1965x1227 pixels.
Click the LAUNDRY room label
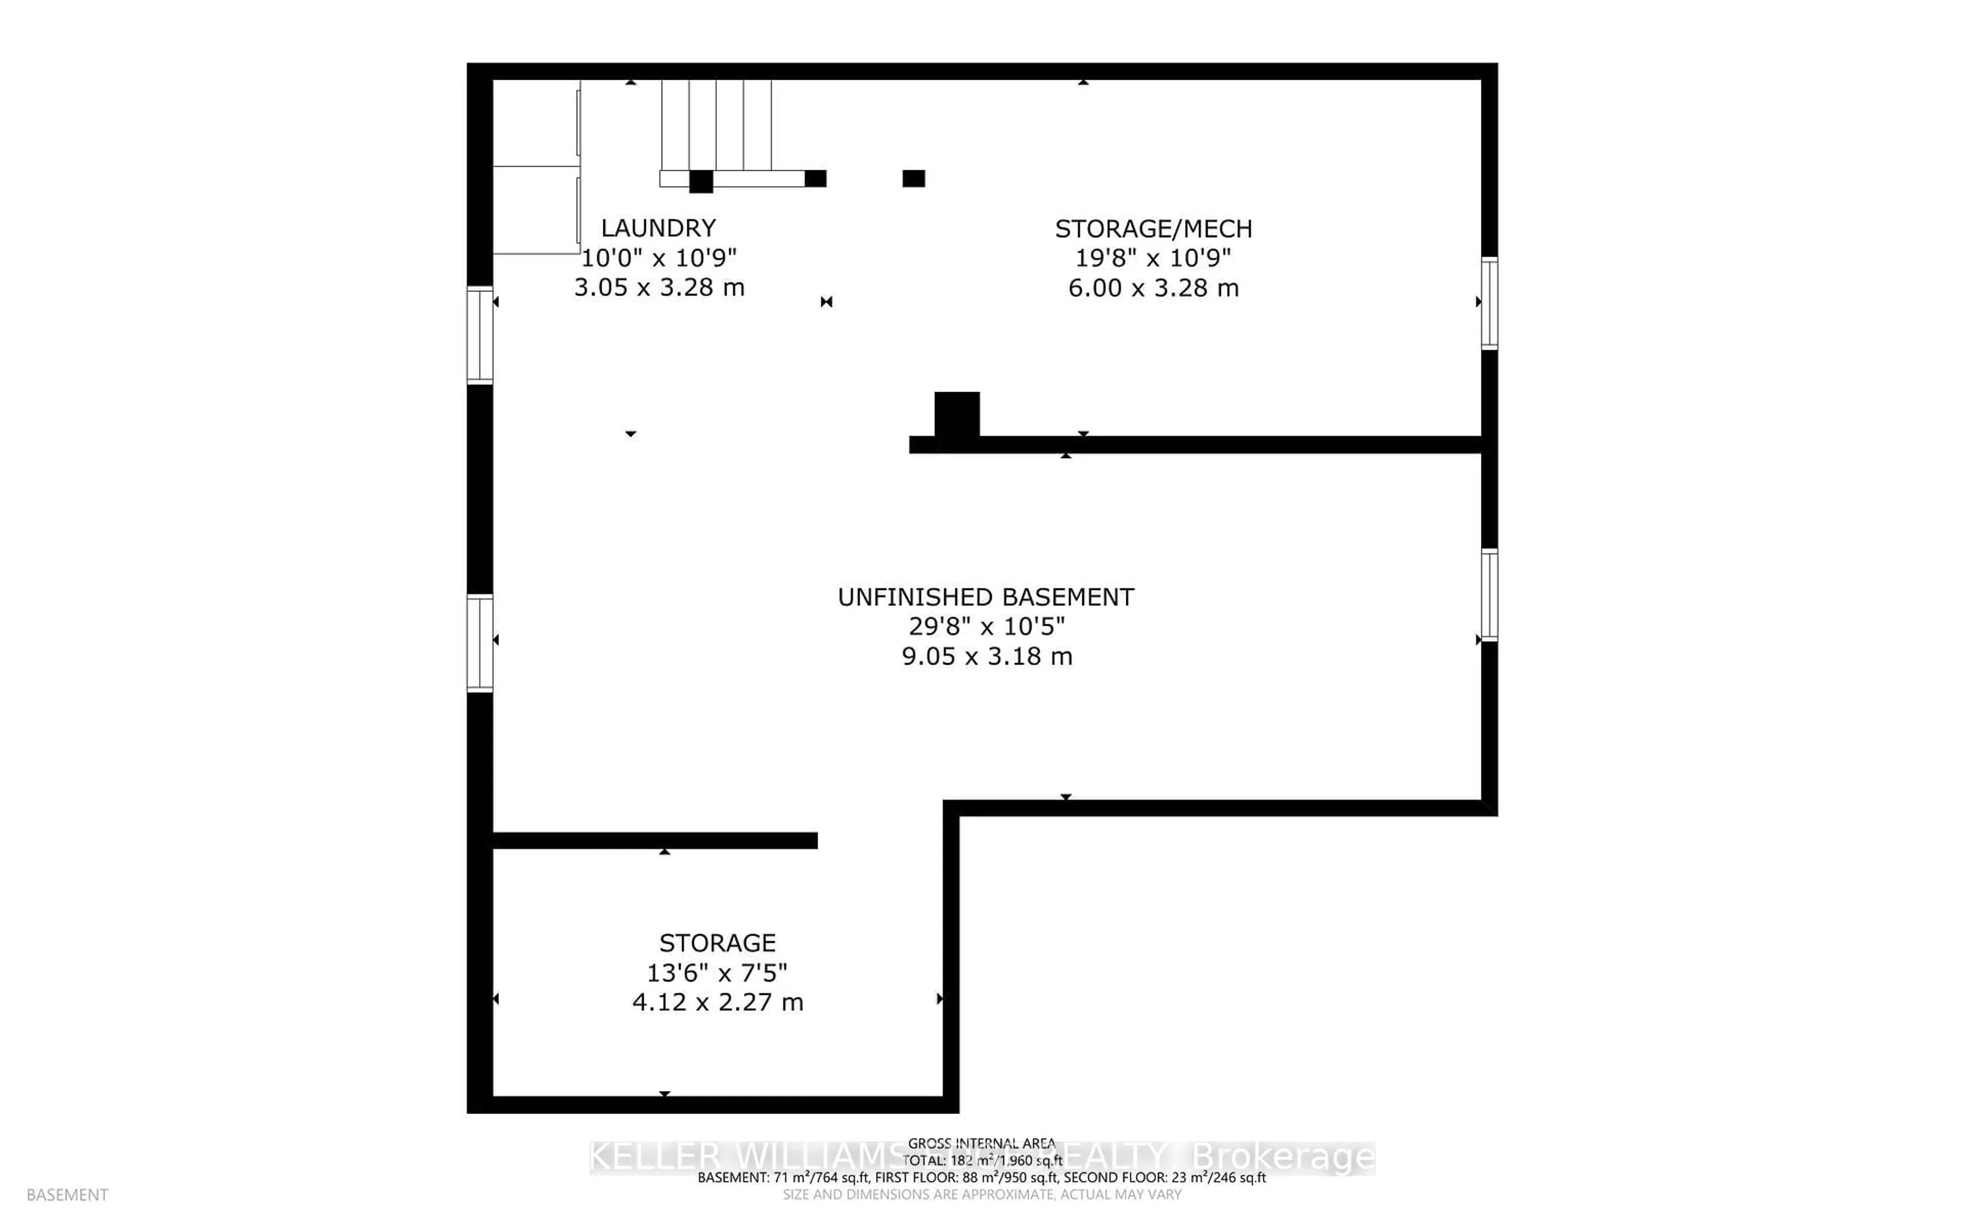tap(658, 228)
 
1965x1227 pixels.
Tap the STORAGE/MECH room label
tap(1153, 229)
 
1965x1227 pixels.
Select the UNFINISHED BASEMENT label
tap(986, 597)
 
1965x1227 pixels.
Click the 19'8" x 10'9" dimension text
tap(1153, 258)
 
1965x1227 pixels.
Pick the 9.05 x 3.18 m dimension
tap(987, 656)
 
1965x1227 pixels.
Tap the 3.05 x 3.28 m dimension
tap(659, 287)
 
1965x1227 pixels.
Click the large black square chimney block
tap(956, 415)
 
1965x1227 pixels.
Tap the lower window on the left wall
tap(480, 643)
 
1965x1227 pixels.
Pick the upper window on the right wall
tap(1489, 303)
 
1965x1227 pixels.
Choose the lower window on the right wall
tap(1489, 595)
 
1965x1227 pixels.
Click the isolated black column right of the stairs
tap(913, 178)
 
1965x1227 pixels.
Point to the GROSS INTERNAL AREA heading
tap(981, 1144)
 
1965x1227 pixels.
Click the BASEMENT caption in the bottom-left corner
tap(68, 1195)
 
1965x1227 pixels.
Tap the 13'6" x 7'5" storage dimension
tap(717, 972)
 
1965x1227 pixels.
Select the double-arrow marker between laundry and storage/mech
tap(826, 302)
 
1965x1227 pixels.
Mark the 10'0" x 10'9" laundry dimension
tap(659, 258)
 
